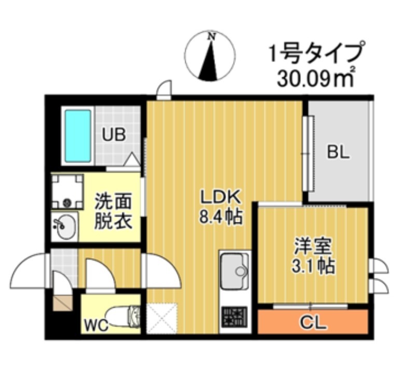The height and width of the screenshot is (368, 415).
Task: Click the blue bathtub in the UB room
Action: [x=78, y=136]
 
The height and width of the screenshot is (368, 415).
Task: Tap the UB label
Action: [x=114, y=135]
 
